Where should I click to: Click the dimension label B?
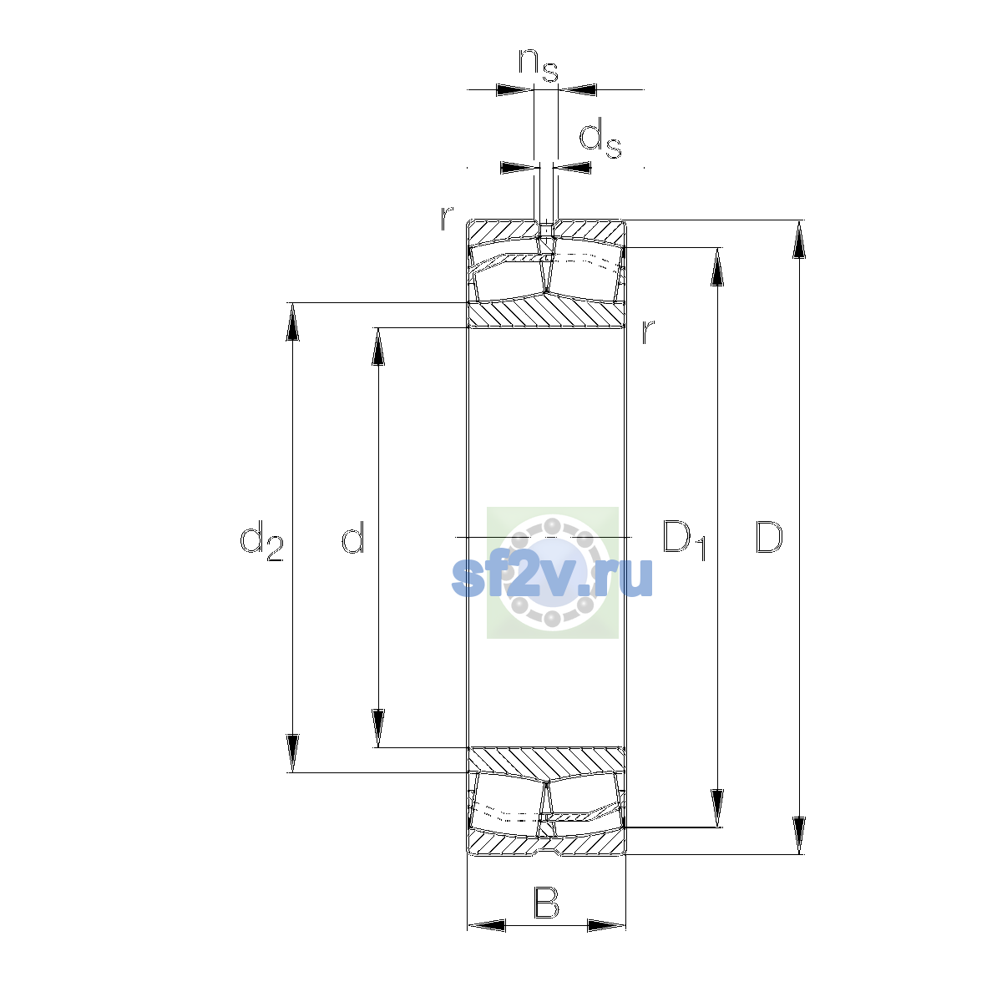(x=546, y=903)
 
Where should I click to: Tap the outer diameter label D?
(x=768, y=537)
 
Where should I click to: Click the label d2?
(x=261, y=540)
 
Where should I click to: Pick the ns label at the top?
(x=539, y=65)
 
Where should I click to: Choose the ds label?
(x=600, y=138)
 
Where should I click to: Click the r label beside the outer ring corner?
(x=447, y=218)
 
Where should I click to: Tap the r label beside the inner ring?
(x=647, y=331)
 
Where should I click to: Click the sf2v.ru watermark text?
(x=552, y=577)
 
